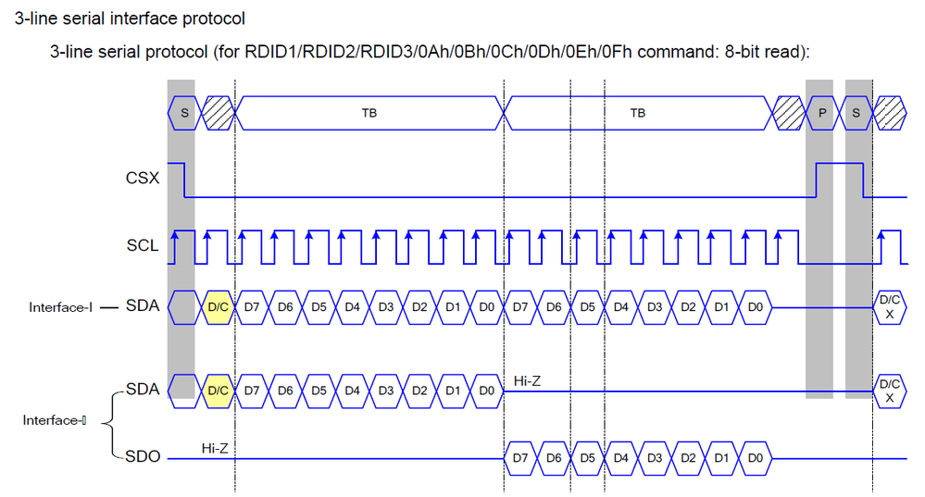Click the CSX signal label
tap(142, 176)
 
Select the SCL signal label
tap(142, 246)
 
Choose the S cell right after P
tap(858, 113)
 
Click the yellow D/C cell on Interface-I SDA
tap(219, 307)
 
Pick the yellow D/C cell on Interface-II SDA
tap(219, 391)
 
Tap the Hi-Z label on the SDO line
tap(216, 448)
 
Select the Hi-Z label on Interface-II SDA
tap(527, 380)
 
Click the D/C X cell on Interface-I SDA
tap(889, 307)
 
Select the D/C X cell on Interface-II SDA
tap(889, 391)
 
